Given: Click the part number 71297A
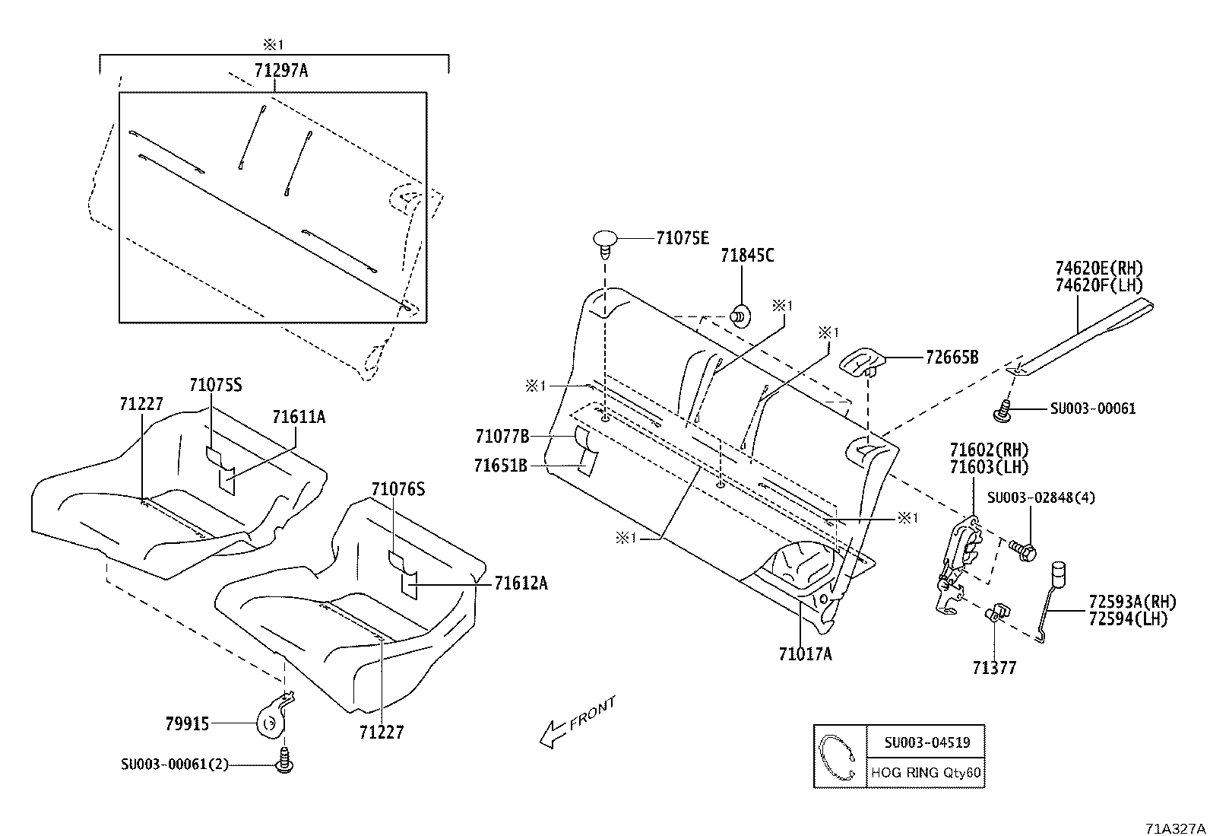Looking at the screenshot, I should pos(280,71).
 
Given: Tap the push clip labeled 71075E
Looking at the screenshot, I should pos(605,242).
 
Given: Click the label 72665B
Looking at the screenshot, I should pos(952,357).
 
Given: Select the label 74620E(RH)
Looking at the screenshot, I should pos(1098,268).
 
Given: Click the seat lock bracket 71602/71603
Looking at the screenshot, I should pos(959,559).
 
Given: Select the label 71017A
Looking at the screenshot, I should pos(805,653).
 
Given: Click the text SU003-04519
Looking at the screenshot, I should pos(926,742).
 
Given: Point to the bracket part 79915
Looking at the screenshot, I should pos(271,720).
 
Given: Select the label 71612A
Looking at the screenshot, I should pos(521,583).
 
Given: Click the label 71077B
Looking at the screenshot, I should pos(502,437).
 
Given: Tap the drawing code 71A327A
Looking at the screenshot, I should pos(1176,827).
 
